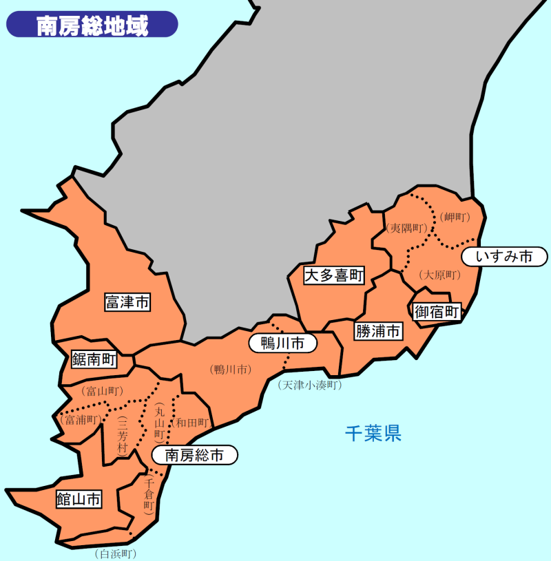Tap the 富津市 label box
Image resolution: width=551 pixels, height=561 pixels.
point(127,301)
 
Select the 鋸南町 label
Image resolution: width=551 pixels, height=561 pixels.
point(94,359)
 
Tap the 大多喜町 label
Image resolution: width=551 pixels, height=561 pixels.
point(334,276)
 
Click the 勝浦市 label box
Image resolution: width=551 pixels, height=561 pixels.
point(378,331)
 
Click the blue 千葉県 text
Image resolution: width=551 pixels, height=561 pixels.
point(373,433)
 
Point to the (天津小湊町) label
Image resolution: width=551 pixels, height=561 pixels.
point(310,385)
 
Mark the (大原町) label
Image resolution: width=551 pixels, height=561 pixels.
point(439,275)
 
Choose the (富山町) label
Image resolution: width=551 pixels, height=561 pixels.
point(102,392)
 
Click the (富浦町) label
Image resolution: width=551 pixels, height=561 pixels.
point(81,419)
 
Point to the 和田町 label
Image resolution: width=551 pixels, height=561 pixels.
point(191,422)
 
